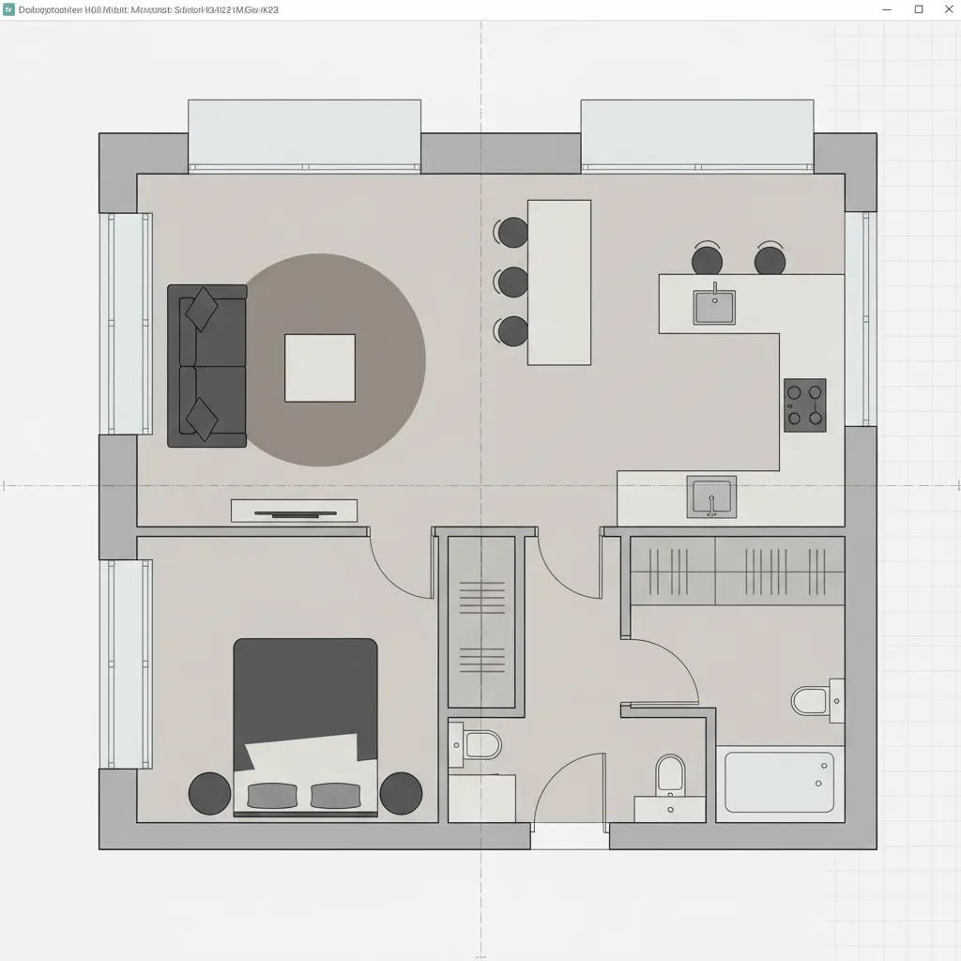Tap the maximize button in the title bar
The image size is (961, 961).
click(919, 9)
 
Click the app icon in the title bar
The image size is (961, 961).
click(9, 9)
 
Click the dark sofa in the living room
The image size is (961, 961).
click(206, 366)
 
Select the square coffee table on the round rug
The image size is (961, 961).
click(320, 368)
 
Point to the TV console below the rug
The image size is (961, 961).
click(294, 511)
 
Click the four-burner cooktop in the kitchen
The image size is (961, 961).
click(805, 405)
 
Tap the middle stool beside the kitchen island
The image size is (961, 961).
click(513, 282)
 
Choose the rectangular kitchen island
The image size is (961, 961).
click(559, 282)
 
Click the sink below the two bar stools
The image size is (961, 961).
click(714, 307)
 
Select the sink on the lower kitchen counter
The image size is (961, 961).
click(711, 496)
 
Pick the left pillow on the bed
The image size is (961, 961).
click(272, 796)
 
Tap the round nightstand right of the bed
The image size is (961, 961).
click(401, 794)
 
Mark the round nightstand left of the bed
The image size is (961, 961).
click(209, 794)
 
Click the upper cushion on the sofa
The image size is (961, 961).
click(202, 310)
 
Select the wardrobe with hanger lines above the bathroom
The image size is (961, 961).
click(737, 571)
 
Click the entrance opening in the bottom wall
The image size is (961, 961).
click(570, 836)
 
